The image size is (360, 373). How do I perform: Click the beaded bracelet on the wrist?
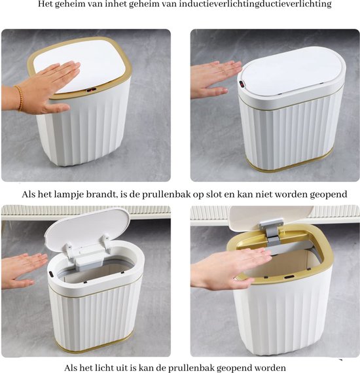coord(18,98)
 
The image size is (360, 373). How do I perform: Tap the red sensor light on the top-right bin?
coord(242,85)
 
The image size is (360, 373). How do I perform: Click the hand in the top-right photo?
coord(215,77)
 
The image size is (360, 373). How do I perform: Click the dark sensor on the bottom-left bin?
coord(51,270)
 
